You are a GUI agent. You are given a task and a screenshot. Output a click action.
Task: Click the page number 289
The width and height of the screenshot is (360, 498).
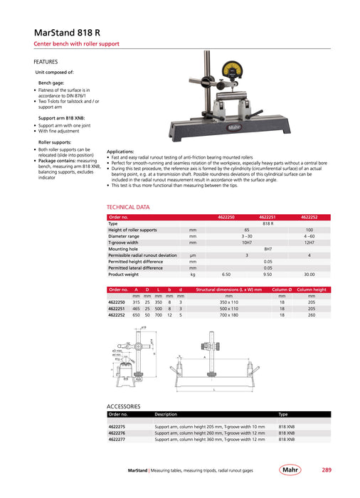click(x=326, y=470)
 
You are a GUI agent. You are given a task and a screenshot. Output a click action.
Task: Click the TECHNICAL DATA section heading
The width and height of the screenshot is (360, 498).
click(x=128, y=207)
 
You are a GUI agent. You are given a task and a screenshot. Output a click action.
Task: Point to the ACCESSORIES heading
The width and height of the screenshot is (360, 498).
click(x=124, y=406)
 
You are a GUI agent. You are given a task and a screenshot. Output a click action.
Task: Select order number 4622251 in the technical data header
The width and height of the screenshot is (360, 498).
click(x=268, y=216)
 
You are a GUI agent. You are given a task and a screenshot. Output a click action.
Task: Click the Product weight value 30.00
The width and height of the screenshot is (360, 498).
click(x=309, y=274)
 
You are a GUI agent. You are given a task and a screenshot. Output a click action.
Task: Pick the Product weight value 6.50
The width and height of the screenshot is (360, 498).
click(x=226, y=274)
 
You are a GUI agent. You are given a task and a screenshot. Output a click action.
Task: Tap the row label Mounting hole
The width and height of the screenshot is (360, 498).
click(x=123, y=249)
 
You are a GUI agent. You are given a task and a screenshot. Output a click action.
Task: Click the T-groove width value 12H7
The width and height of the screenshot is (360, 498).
click(x=309, y=243)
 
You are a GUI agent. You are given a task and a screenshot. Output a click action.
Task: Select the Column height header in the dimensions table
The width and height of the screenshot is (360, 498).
click(x=312, y=290)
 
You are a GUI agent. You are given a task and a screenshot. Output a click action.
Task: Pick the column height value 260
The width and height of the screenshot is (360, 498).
click(x=312, y=315)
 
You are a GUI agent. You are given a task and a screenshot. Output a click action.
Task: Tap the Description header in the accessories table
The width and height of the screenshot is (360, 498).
click(x=166, y=414)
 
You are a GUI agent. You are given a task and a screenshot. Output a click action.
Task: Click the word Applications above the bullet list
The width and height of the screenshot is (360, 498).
click(x=120, y=152)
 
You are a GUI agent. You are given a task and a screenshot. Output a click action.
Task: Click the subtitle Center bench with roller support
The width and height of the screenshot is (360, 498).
click(x=78, y=44)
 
